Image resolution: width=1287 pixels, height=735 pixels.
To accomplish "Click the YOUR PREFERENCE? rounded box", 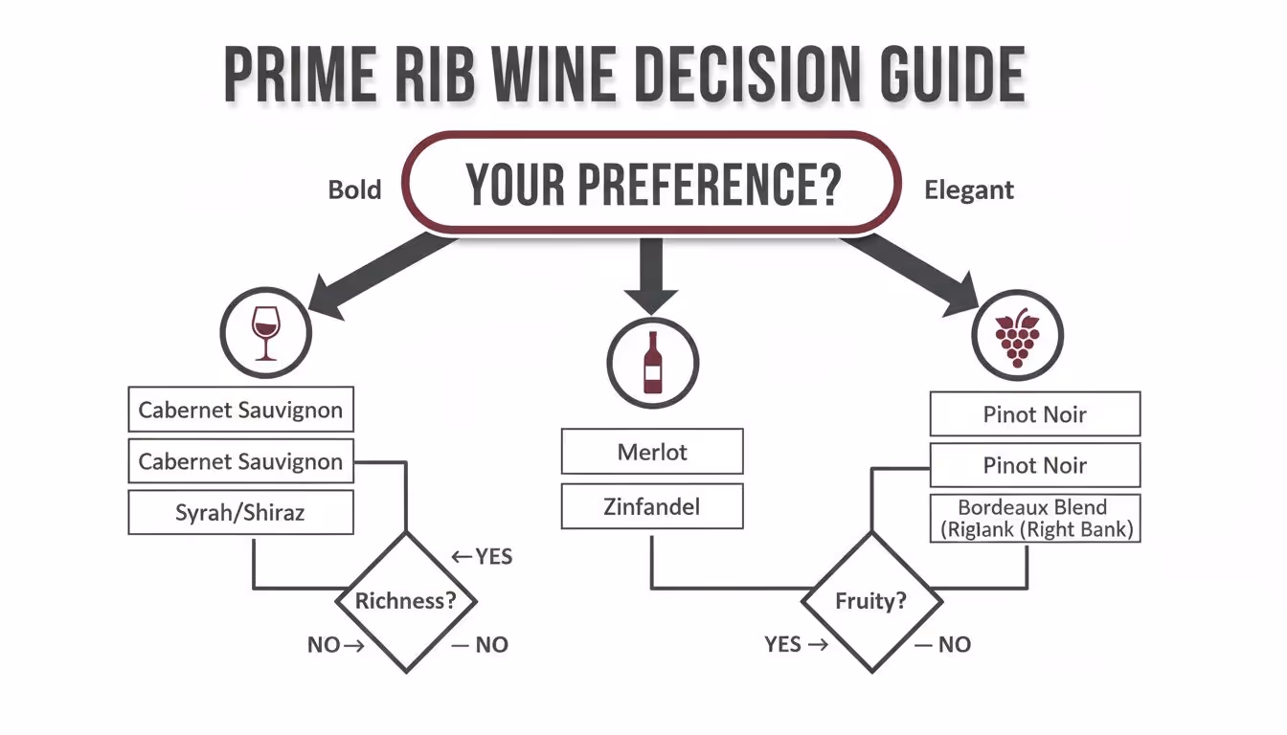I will pyautogui.click(x=651, y=183).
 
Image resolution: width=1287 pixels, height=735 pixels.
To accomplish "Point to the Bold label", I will pyautogui.click(x=354, y=189).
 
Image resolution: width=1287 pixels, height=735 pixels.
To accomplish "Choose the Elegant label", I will pyautogui.click(x=968, y=190).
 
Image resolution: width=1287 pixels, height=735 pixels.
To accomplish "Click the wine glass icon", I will pyautogui.click(x=265, y=332).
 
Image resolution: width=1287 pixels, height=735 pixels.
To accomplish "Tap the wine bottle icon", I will pyautogui.click(x=652, y=364).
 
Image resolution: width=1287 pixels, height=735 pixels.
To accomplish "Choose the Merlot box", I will pyautogui.click(x=651, y=452).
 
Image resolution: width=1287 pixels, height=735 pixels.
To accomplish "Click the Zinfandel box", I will pyautogui.click(x=651, y=506).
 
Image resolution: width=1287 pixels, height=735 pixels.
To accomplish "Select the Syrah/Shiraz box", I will pyautogui.click(x=240, y=512).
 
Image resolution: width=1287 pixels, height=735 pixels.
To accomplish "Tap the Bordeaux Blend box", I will pyautogui.click(x=1035, y=519).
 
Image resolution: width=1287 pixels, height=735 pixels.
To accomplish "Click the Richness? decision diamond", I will pyautogui.click(x=405, y=602).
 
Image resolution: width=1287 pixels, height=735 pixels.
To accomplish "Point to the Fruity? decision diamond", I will pyautogui.click(x=870, y=602).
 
